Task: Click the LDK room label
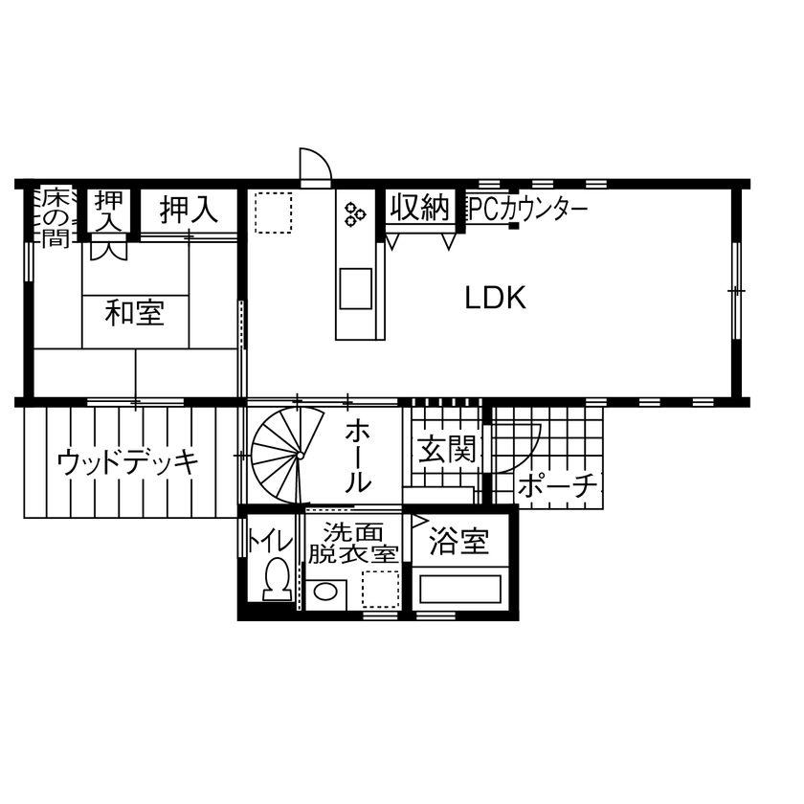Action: [x=496, y=299]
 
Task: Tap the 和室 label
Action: [x=134, y=313]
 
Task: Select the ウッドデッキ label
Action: [x=127, y=462]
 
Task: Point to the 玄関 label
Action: [x=447, y=449]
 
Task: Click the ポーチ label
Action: [x=558, y=487]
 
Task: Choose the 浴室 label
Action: [x=458, y=543]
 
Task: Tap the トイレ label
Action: [x=270, y=541]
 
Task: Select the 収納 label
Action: [x=419, y=207]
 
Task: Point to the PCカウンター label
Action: [x=526, y=209]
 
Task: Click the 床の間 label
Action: [x=56, y=216]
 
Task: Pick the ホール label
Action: [x=358, y=455]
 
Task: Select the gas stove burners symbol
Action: [x=355, y=214]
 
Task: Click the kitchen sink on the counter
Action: [x=356, y=288]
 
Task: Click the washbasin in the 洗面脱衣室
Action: [x=326, y=591]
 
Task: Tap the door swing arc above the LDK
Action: [x=314, y=165]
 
